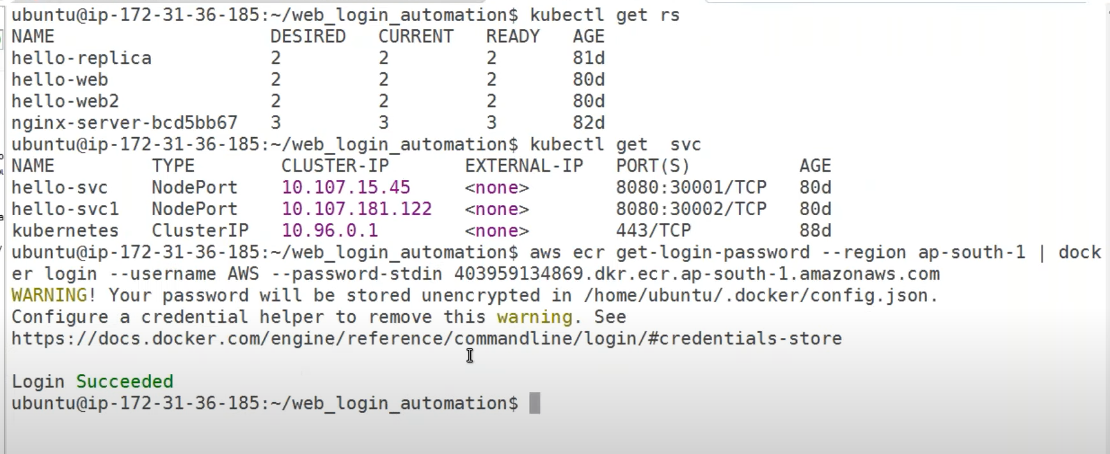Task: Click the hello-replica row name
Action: point(81,58)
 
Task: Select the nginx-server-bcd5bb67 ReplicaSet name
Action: point(124,122)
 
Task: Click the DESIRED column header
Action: point(308,36)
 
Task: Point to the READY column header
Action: point(512,36)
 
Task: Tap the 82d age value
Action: point(589,122)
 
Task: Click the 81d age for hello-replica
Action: point(589,58)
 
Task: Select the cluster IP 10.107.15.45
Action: point(345,188)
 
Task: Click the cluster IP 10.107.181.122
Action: point(356,209)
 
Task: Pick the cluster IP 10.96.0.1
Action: point(329,231)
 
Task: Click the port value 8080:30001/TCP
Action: point(691,188)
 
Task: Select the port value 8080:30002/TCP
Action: point(691,209)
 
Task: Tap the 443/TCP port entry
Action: point(653,231)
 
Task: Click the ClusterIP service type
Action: point(200,231)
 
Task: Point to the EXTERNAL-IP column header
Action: point(524,166)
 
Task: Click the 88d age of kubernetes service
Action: point(815,231)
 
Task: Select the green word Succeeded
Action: point(125,382)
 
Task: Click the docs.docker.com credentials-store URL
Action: point(426,339)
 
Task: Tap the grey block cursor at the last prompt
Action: point(535,403)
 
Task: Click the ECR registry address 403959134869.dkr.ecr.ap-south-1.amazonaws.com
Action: point(697,274)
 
